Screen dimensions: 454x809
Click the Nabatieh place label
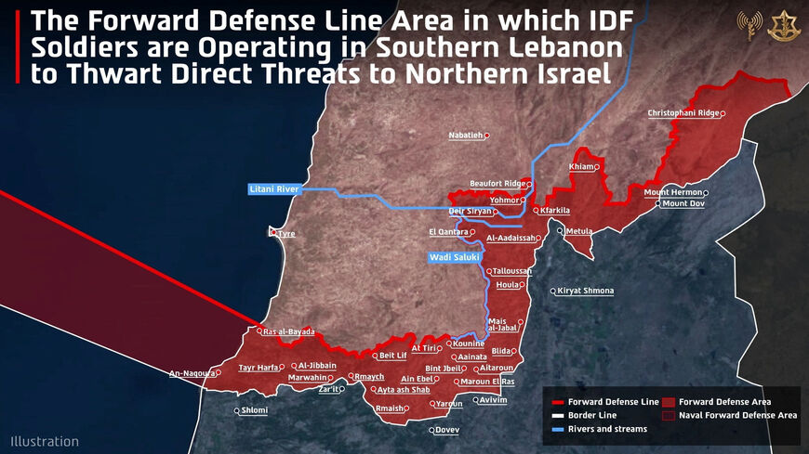467,136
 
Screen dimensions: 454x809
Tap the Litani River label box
274,189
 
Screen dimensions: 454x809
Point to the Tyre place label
286,234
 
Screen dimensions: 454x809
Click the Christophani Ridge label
683,113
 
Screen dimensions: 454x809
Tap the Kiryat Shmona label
586,291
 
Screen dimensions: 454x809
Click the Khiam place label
581,167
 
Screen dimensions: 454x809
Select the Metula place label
578,230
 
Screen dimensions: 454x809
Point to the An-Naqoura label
191,374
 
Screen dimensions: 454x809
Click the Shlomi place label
254,410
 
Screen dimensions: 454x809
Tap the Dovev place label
447,430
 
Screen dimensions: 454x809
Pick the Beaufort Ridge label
498,184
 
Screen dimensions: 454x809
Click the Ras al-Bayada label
289,331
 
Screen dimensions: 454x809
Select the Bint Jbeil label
444,369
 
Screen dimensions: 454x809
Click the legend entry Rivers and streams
607,429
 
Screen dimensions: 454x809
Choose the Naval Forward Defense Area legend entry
737,415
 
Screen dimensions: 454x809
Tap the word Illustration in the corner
45,442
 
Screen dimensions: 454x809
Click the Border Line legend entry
591,415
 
